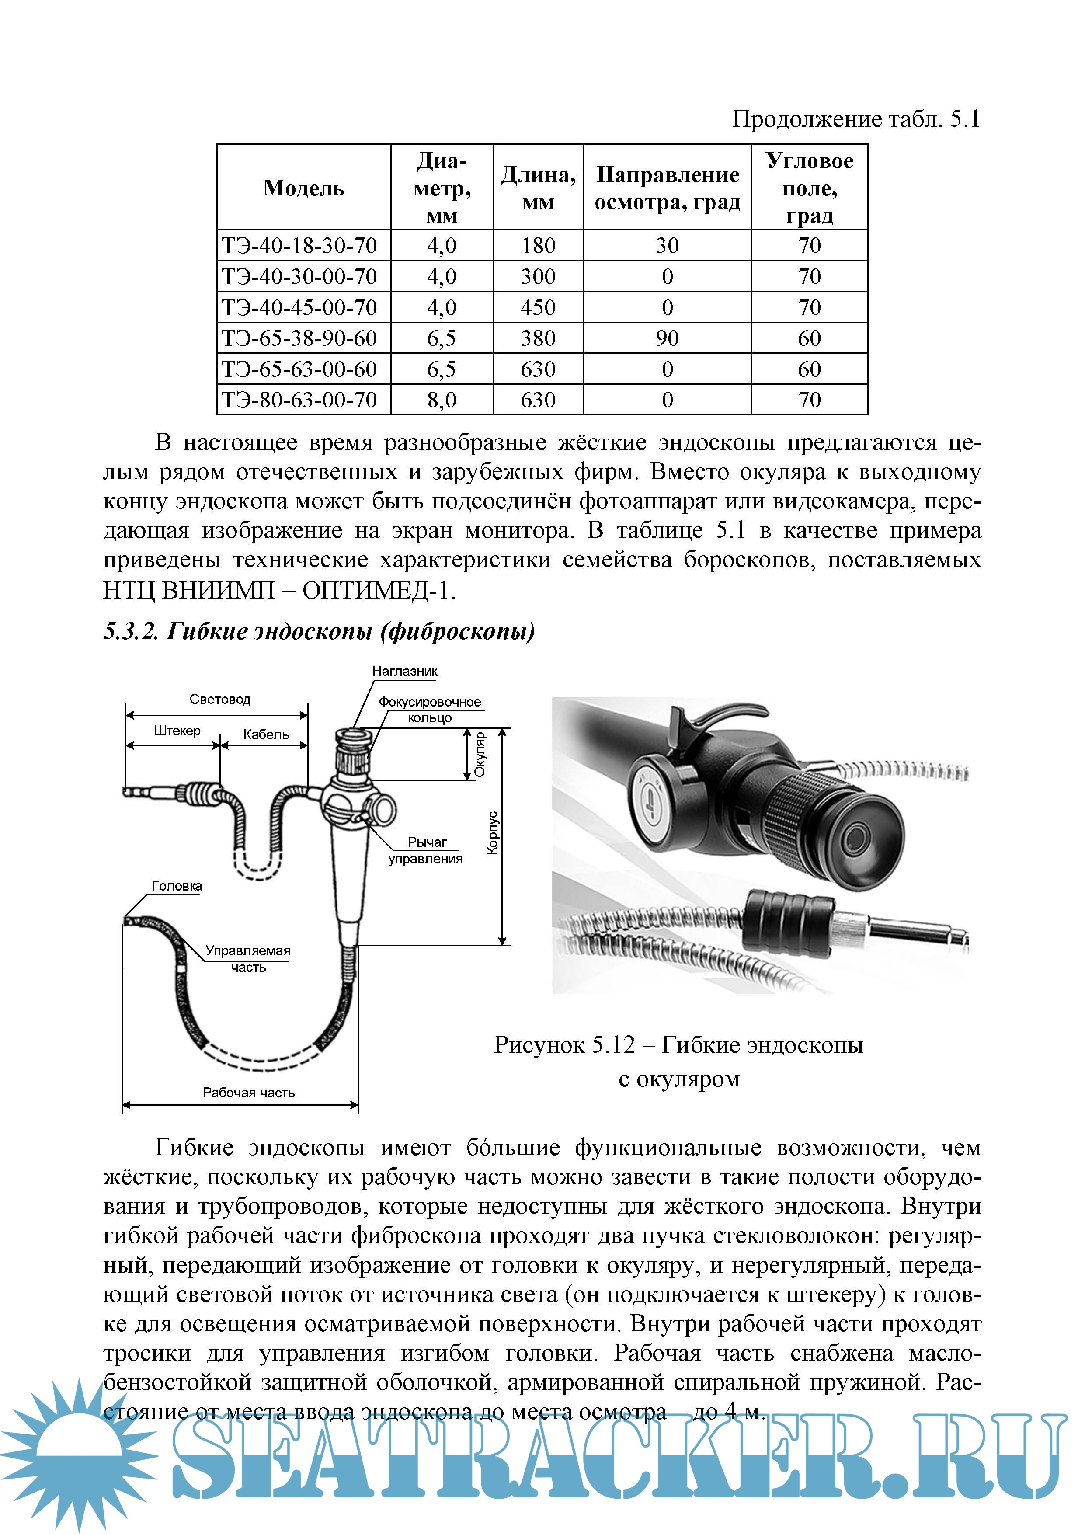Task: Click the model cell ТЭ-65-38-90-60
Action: (x=299, y=338)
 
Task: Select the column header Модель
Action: (x=303, y=188)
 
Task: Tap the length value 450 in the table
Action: (x=538, y=307)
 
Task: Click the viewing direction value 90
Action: (x=667, y=338)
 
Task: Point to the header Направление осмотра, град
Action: (x=667, y=188)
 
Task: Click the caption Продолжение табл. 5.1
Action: (x=855, y=119)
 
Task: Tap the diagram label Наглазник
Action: (x=404, y=671)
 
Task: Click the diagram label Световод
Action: (x=220, y=700)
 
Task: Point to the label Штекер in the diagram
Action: (x=177, y=731)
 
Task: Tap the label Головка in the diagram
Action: (x=177, y=886)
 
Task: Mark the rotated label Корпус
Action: (x=493, y=833)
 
